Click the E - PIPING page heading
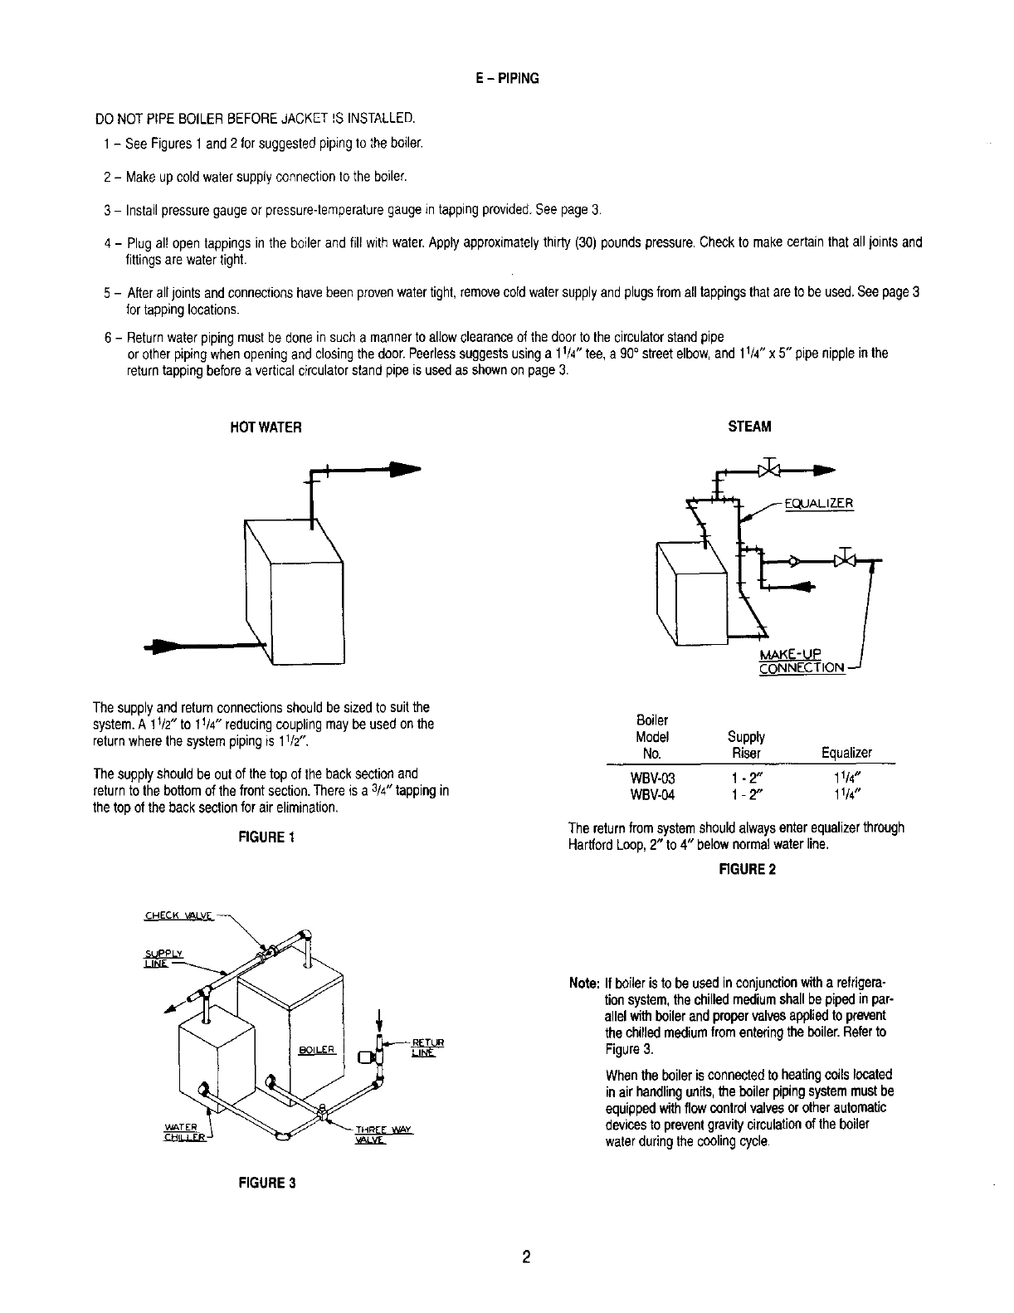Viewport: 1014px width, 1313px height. pos(508,79)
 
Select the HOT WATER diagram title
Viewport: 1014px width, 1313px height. pos(266,427)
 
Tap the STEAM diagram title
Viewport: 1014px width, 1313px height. pos(749,427)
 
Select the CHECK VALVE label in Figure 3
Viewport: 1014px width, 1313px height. pos(178,916)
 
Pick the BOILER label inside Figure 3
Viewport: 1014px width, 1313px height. pos(316,1050)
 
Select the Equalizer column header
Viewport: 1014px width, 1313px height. pos(846,753)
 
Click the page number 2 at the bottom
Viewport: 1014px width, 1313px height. pos(526,1256)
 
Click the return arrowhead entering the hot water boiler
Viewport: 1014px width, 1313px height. pos(163,647)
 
